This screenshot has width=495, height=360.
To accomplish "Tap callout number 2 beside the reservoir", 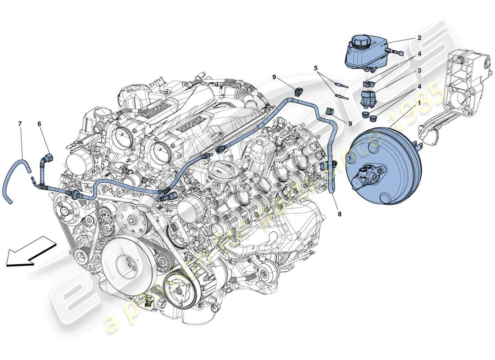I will [419, 38].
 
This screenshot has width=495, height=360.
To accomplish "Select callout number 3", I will [419, 70].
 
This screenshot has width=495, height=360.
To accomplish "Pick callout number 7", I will [19, 123].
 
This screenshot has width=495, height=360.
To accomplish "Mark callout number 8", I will [339, 214].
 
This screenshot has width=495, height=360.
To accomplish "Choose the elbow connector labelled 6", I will [47, 158].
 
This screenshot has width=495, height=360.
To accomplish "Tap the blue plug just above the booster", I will [372, 117].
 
